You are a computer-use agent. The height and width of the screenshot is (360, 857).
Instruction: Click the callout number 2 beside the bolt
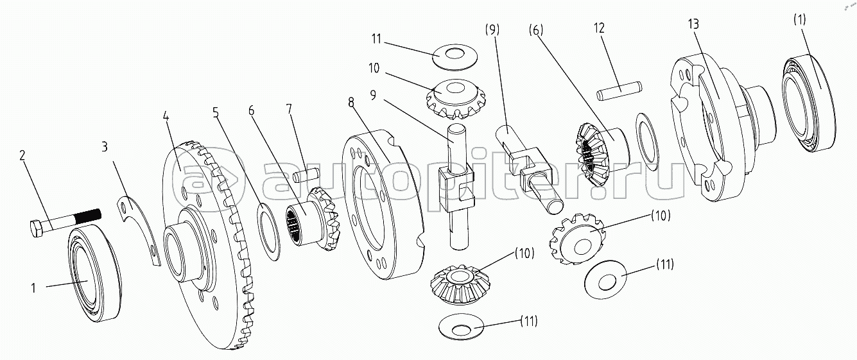[22, 155]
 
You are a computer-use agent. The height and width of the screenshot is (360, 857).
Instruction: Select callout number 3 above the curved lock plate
[104, 147]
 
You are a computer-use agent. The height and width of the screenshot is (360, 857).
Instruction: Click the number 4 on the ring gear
[166, 116]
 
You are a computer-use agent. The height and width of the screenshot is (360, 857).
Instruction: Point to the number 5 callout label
[216, 112]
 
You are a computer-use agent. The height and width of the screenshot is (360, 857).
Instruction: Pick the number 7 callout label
[289, 109]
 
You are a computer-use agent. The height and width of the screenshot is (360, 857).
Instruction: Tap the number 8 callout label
[351, 102]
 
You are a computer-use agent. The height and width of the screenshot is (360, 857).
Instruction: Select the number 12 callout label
[599, 28]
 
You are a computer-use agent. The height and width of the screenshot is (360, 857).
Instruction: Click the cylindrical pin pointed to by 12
[619, 90]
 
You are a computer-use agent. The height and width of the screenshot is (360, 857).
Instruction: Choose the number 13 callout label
[693, 24]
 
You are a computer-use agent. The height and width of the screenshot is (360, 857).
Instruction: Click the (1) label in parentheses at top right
[799, 19]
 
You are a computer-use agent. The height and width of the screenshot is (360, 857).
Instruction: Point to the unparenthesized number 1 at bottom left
[33, 288]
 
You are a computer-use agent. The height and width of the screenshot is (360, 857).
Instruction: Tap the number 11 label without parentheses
[376, 39]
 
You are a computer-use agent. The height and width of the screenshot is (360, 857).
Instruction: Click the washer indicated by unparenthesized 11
[455, 57]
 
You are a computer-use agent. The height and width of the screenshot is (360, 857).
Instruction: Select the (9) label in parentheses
[492, 30]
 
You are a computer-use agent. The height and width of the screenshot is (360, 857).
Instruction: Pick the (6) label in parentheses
[536, 30]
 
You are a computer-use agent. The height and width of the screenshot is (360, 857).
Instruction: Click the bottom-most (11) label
[529, 321]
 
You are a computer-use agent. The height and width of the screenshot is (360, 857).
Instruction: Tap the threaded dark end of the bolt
[89, 216]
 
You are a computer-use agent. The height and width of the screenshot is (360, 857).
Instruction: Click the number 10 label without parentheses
[374, 68]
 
